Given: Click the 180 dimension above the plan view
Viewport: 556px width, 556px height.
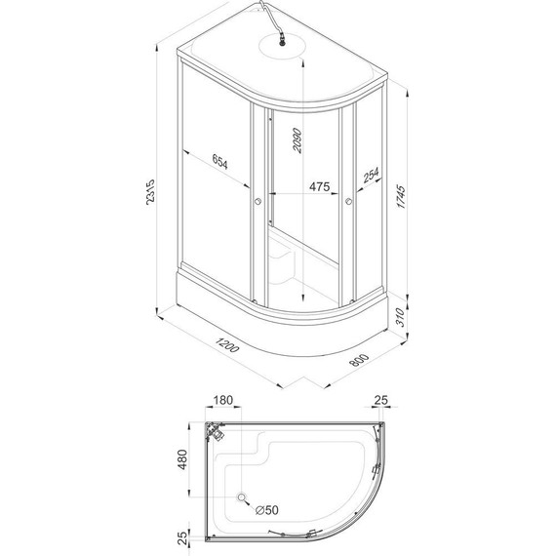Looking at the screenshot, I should pyautogui.click(x=222, y=402).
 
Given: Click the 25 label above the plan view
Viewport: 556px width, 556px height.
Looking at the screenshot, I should pyautogui.click(x=382, y=402).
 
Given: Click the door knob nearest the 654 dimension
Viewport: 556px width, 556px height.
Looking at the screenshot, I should pyautogui.click(x=257, y=202).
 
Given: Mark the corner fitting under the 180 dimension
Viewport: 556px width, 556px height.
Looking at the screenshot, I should pyautogui.click(x=213, y=430).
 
